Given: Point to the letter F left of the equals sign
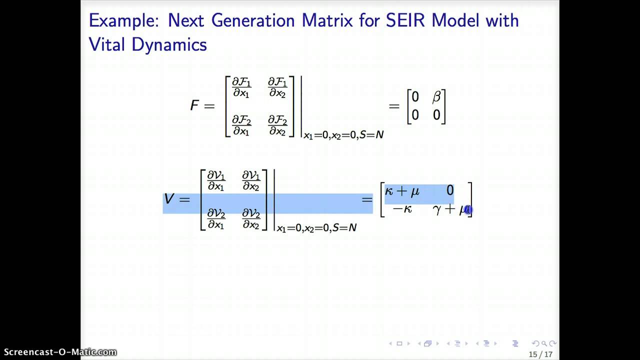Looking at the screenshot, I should click(194, 105).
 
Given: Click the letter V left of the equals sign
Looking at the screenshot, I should click(169, 199).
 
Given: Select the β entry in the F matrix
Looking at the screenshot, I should click(436, 97).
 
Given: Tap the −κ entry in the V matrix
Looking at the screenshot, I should click(402, 209).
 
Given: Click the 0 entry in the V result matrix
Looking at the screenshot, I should click(450, 190).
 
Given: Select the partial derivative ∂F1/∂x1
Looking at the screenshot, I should click(241, 87).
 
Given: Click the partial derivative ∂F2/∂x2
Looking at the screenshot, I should click(277, 125).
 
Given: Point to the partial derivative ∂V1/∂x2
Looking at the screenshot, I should click(251, 181).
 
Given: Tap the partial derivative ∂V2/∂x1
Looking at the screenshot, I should click(216, 219).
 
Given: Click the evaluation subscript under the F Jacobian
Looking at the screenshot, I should click(343, 135).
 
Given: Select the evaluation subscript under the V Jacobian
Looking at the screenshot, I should click(316, 228).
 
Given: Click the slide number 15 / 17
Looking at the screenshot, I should click(540, 354).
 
